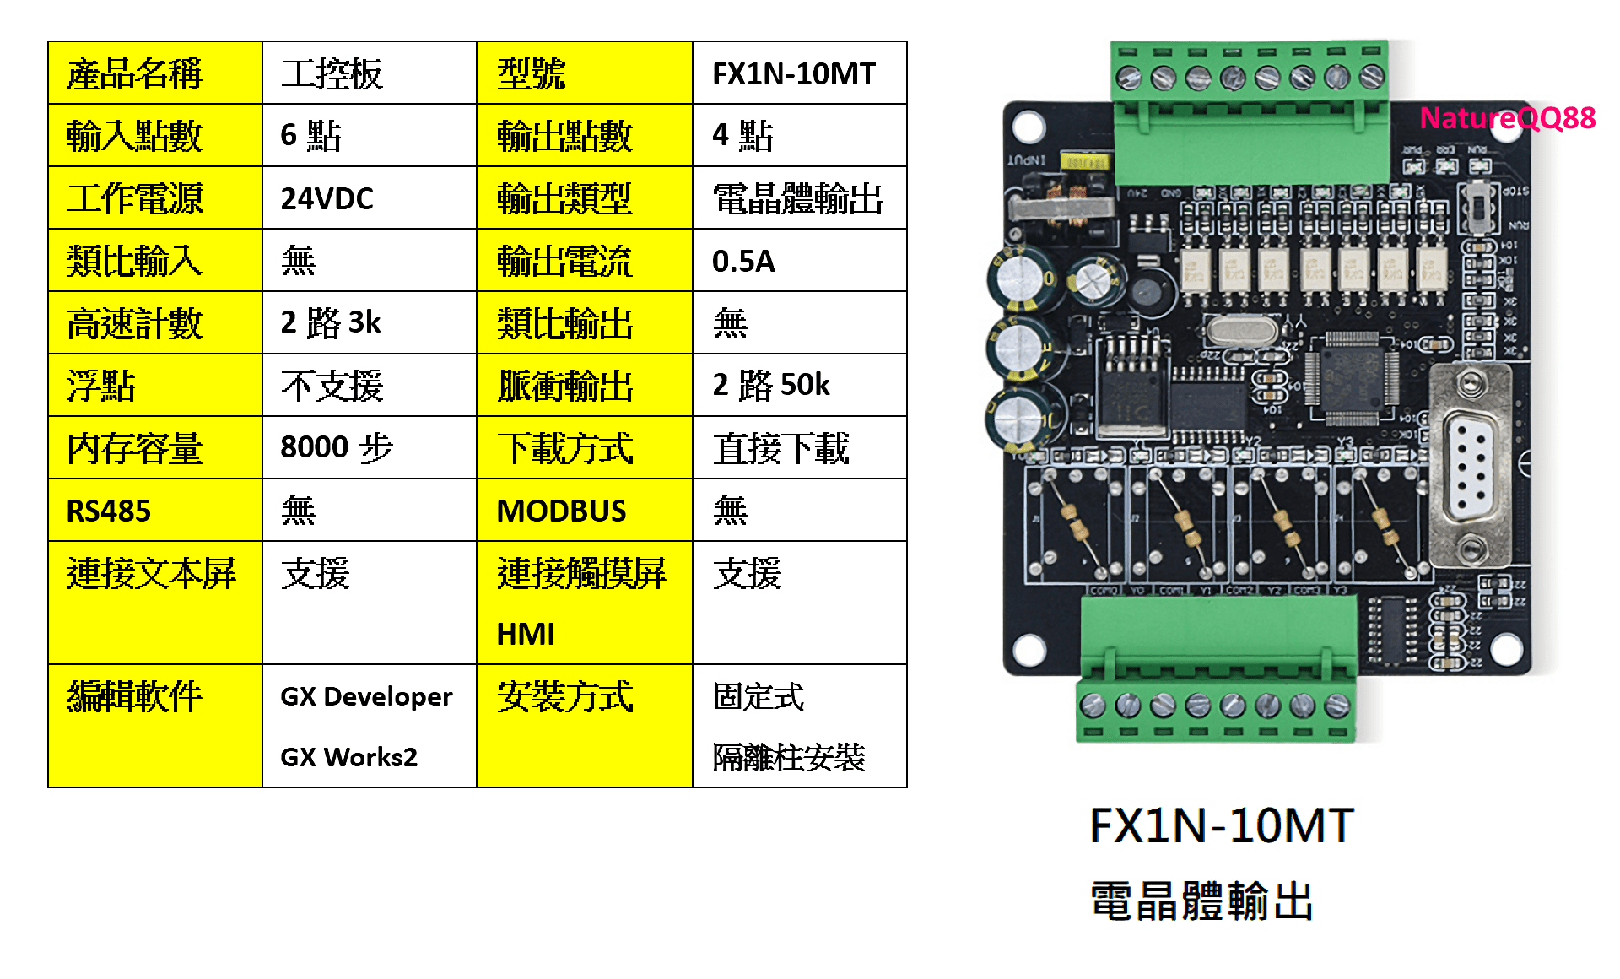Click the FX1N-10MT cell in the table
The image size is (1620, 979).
click(794, 74)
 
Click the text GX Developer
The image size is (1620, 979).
click(366, 696)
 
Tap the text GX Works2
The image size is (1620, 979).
click(348, 757)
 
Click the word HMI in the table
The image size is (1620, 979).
click(526, 634)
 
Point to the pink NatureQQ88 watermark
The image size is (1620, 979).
click(1507, 118)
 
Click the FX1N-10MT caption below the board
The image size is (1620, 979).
click(1222, 825)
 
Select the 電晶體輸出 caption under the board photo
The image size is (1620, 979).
click(1201, 901)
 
